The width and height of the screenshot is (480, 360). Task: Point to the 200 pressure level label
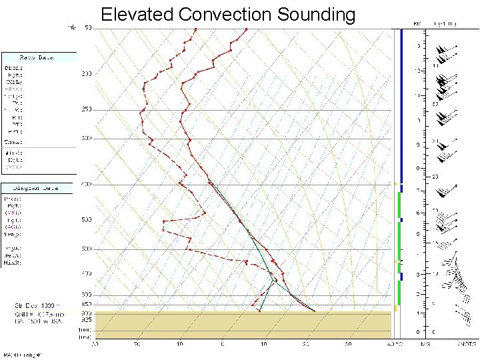tap(87, 73)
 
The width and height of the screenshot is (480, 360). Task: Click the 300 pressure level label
tap(87, 138)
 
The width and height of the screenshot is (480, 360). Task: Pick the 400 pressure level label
tap(87, 184)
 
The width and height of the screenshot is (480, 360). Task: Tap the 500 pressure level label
tap(87, 220)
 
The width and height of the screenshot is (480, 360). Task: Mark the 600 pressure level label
tap(87, 249)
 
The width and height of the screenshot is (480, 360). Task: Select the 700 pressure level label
tap(87, 274)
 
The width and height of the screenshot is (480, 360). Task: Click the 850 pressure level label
tap(87, 305)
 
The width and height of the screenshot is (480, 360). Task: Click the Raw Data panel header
tap(38, 58)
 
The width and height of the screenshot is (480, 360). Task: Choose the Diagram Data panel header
tap(38, 188)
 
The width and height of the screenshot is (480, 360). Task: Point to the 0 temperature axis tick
tap(223, 344)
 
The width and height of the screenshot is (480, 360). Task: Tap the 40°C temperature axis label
tap(394, 344)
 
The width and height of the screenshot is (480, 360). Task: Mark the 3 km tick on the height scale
tap(417, 274)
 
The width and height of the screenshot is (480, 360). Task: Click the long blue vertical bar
tap(401, 100)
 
